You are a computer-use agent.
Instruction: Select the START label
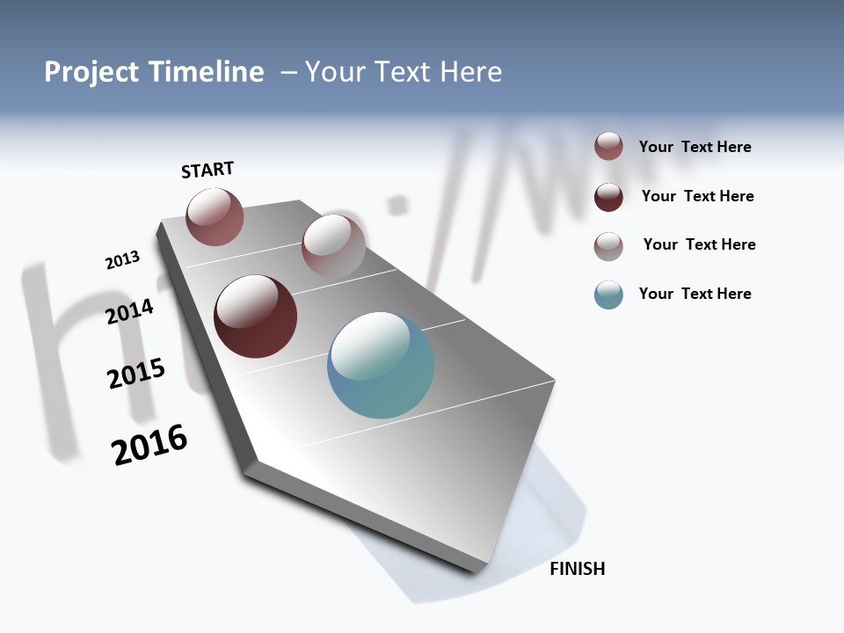(207, 170)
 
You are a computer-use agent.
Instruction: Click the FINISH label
(578, 569)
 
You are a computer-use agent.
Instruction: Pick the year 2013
(122, 260)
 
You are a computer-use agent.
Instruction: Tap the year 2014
(130, 311)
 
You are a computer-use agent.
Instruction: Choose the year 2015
(136, 374)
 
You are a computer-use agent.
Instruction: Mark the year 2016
(149, 445)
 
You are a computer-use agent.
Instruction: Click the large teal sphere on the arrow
(381, 365)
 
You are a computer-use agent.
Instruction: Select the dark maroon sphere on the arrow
(256, 316)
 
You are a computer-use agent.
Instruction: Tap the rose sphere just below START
(215, 216)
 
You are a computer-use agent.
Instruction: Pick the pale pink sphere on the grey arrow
(333, 246)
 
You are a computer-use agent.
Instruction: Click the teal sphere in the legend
(608, 295)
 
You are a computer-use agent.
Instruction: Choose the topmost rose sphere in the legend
(608, 147)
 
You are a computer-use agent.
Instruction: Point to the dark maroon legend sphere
(608, 197)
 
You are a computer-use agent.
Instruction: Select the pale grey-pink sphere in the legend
(608, 246)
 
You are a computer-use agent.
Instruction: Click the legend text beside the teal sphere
(695, 294)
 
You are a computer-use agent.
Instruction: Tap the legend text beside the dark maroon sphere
(697, 196)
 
